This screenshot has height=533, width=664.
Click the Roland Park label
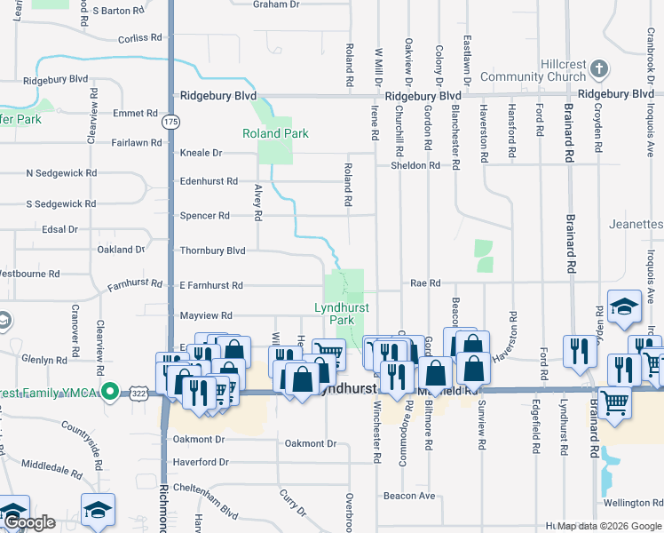(275, 133)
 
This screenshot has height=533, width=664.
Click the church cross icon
(599, 68)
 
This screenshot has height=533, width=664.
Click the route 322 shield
(142, 392)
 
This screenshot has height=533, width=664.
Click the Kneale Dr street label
(201, 153)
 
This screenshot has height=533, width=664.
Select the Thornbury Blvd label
(212, 251)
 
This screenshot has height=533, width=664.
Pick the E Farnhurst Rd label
(211, 286)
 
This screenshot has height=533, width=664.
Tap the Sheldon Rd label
(416, 165)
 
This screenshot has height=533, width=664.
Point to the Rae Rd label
(426, 283)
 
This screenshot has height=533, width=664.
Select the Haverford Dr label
(202, 462)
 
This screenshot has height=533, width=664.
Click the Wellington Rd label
(633, 503)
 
